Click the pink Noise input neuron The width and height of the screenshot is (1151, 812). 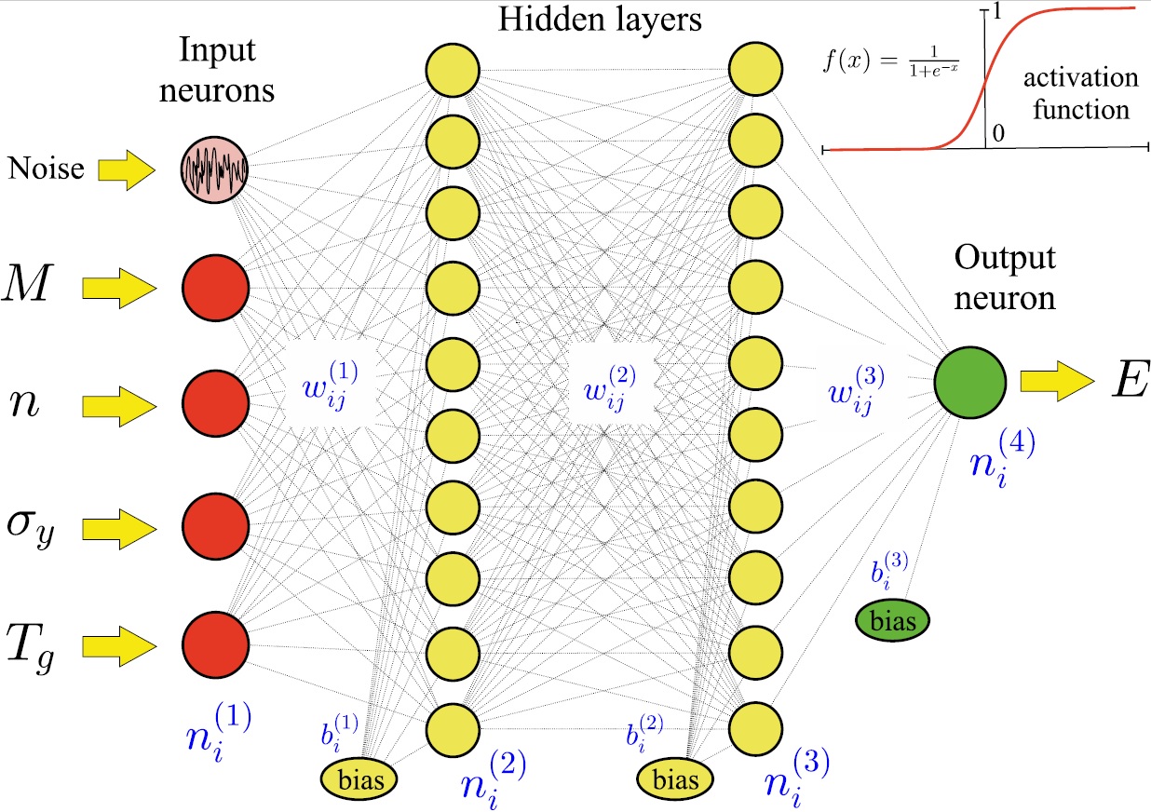point(215,169)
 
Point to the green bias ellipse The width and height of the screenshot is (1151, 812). point(892,618)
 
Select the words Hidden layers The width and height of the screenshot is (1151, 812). point(601,20)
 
